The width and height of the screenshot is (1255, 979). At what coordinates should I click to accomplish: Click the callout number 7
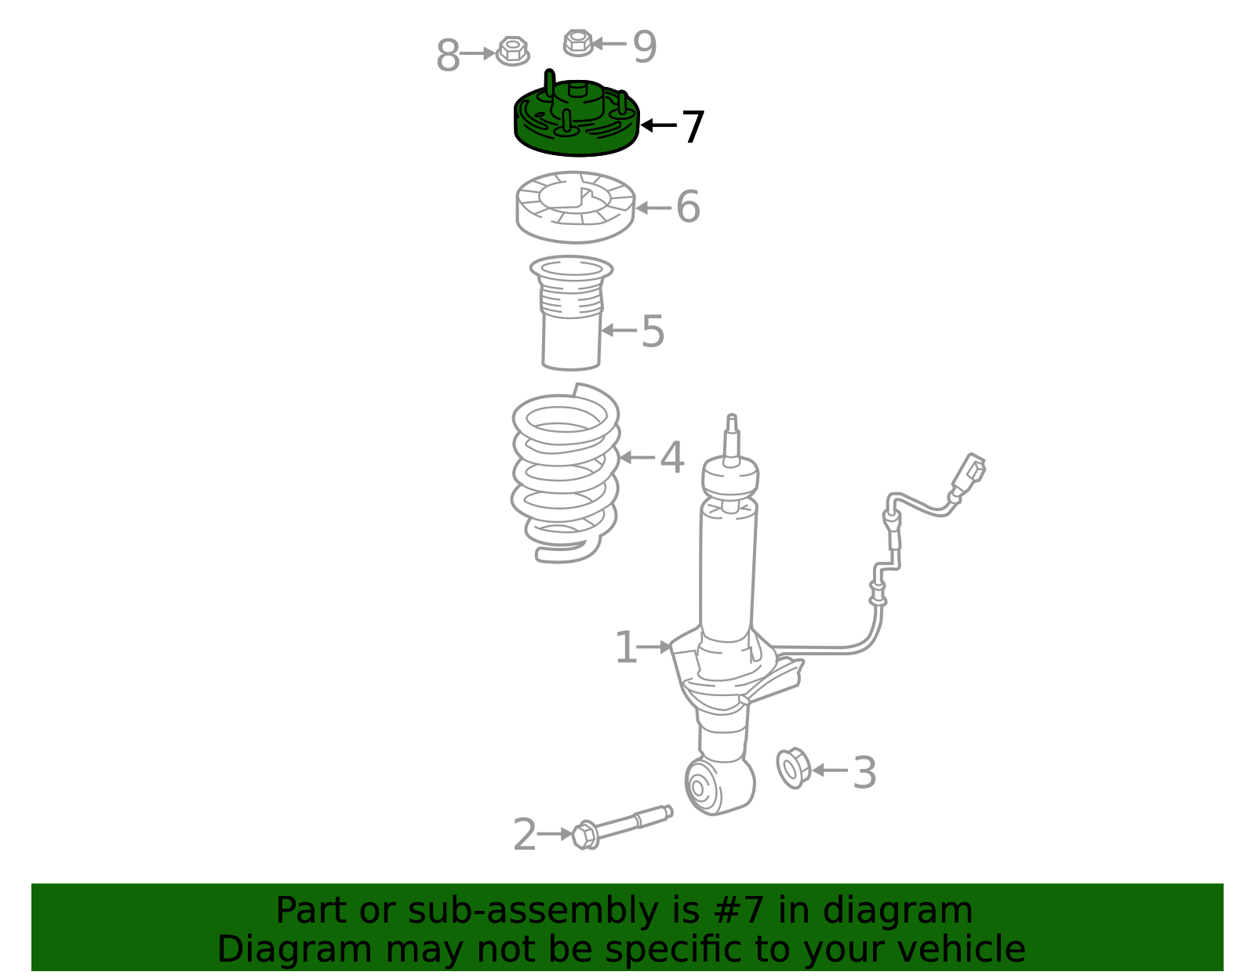(693, 127)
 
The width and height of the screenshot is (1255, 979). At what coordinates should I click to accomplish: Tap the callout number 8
(448, 56)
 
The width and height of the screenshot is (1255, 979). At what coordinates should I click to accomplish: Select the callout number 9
(645, 46)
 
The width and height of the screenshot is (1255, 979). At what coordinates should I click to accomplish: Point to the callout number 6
(688, 206)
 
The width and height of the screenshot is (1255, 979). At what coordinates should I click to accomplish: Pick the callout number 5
(653, 331)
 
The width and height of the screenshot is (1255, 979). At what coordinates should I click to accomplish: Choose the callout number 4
(672, 458)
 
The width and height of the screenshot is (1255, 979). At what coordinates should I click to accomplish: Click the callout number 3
(864, 773)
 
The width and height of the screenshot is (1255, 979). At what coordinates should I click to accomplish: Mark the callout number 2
(525, 834)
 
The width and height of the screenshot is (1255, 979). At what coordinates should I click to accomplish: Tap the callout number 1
(627, 647)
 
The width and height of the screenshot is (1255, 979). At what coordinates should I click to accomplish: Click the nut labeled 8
(512, 51)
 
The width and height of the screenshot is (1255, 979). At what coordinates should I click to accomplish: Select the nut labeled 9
(578, 42)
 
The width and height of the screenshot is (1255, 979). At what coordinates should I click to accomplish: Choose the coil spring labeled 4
(566, 473)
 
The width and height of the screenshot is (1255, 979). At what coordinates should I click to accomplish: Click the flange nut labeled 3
(794, 768)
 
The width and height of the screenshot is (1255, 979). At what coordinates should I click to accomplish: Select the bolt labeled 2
(622, 828)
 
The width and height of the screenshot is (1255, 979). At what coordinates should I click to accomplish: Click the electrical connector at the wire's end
(969, 473)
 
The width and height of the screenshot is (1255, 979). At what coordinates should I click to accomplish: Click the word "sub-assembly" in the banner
(533, 910)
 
